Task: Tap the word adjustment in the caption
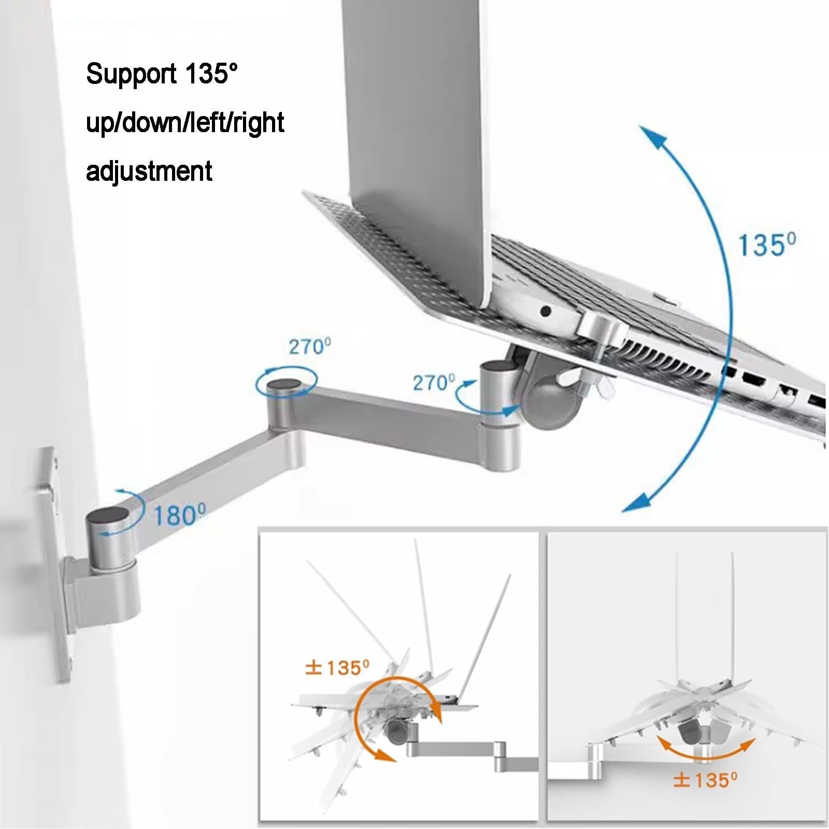(149, 170)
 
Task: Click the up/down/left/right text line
(185, 122)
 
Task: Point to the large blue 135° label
(766, 245)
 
